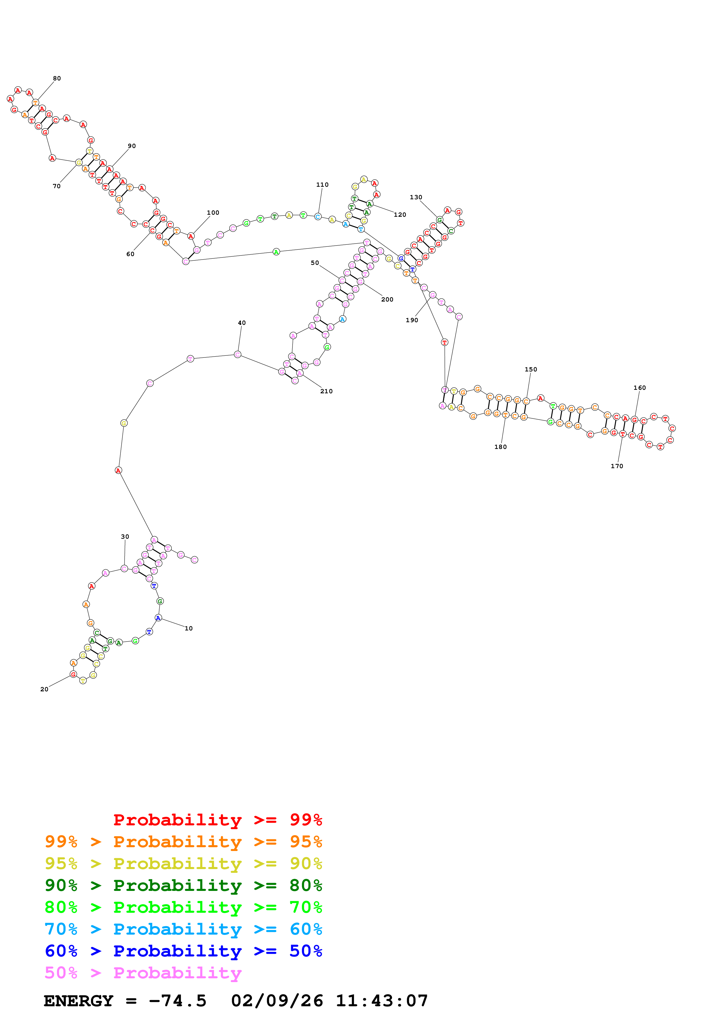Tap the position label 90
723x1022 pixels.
coord(132,146)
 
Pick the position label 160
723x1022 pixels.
coord(639,388)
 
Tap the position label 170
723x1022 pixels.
coord(617,466)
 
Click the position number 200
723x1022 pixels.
coord(387,299)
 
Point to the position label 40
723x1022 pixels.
coord(241,323)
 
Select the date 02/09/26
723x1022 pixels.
coord(277,1001)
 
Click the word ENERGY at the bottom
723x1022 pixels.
coord(78,1001)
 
